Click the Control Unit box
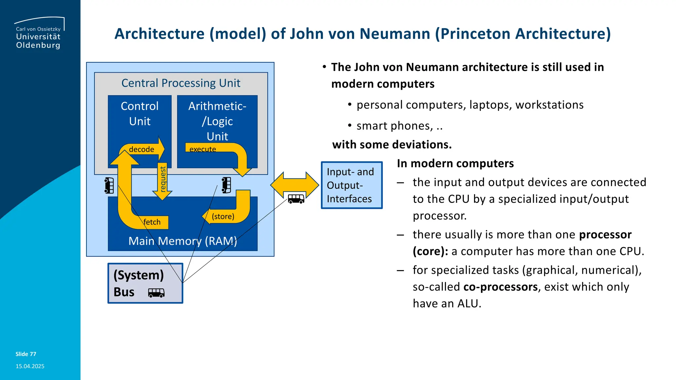(x=140, y=114)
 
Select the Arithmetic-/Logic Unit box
(x=217, y=121)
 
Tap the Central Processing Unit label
(x=181, y=83)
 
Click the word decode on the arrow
(x=141, y=149)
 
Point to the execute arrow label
(x=203, y=149)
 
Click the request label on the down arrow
(x=162, y=179)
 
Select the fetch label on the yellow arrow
(x=152, y=222)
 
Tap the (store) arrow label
(x=223, y=216)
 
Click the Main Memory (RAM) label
(x=183, y=241)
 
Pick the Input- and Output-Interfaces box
(x=352, y=185)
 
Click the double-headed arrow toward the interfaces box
(x=294, y=185)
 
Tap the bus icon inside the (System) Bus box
(x=156, y=293)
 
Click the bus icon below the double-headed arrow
(x=296, y=199)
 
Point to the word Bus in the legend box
(x=124, y=292)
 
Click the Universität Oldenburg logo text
(x=38, y=41)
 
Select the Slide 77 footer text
(x=26, y=354)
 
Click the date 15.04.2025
(x=30, y=366)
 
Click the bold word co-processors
(x=500, y=287)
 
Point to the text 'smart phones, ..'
(x=399, y=126)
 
